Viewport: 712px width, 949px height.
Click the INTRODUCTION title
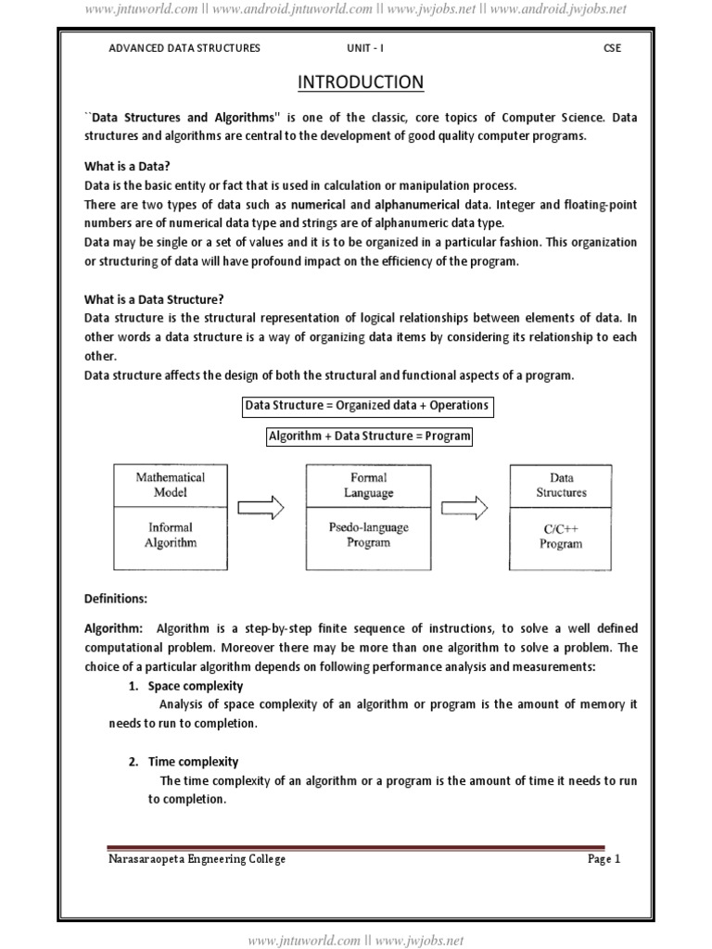pyautogui.click(x=361, y=83)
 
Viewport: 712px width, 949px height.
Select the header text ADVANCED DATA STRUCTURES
pyautogui.click(x=184, y=48)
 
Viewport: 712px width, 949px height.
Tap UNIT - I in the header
pyautogui.click(x=360, y=48)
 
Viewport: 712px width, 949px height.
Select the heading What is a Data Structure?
pyautogui.click(x=154, y=299)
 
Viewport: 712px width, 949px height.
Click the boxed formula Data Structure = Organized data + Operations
pyautogui.click(x=365, y=406)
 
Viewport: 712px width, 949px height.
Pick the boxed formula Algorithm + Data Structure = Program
pyautogui.click(x=369, y=436)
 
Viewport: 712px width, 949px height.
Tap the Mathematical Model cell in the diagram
pyautogui.click(x=170, y=485)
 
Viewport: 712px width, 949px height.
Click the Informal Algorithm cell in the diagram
pyautogui.click(x=170, y=536)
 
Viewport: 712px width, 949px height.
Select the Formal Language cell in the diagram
pyautogui.click(x=368, y=485)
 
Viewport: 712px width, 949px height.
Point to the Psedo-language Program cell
pyautogui.click(x=368, y=536)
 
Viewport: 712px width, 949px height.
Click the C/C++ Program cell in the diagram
pyautogui.click(x=561, y=536)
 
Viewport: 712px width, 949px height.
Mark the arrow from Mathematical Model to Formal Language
pyautogui.click(x=261, y=508)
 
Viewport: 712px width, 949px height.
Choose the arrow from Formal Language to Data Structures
pyautogui.click(x=464, y=508)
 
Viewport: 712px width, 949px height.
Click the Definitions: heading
pyautogui.click(x=116, y=598)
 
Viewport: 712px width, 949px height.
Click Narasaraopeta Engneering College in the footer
pyautogui.click(x=197, y=859)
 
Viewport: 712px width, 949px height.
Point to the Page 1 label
pyautogui.click(x=604, y=859)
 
